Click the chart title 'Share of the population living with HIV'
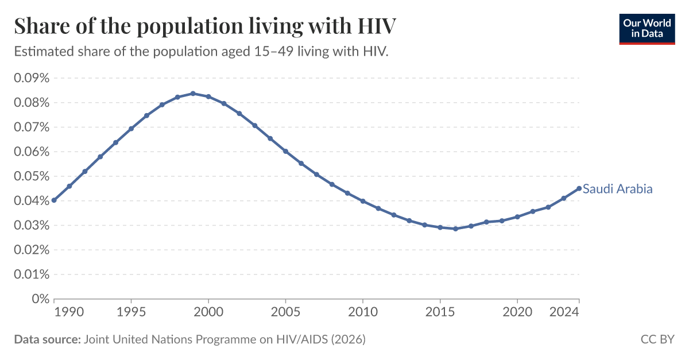(x=205, y=26)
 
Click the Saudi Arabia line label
(x=617, y=189)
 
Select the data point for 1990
(x=54, y=200)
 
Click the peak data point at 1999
(x=193, y=94)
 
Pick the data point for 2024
(x=579, y=188)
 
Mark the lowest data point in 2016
(x=455, y=229)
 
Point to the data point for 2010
(x=363, y=201)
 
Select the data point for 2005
(x=285, y=152)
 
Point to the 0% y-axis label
(x=40, y=299)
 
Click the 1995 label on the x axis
(x=131, y=313)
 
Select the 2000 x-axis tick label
(x=208, y=313)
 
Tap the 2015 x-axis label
(x=440, y=313)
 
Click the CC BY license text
(x=657, y=339)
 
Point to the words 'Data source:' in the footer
(x=47, y=339)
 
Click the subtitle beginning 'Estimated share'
(x=202, y=52)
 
